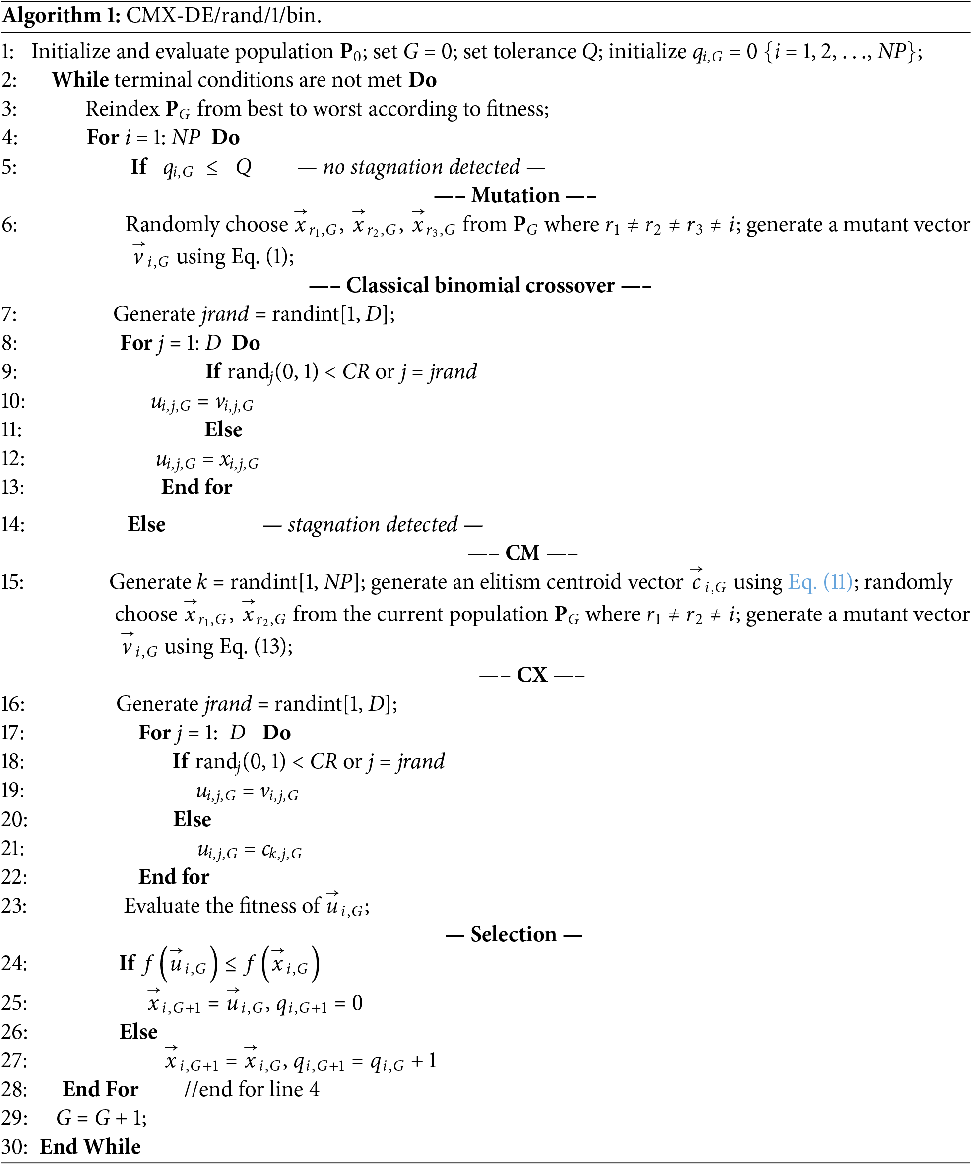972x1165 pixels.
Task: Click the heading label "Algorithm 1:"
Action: (61, 15)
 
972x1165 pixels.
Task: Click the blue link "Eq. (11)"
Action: (820, 582)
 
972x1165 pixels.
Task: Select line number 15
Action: (12, 582)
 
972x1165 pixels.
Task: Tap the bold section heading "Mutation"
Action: (515, 196)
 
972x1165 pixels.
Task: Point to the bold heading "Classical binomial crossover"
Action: (480, 285)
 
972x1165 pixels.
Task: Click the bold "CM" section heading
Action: (522, 553)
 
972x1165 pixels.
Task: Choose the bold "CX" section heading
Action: (532, 675)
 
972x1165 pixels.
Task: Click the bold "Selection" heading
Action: (514, 935)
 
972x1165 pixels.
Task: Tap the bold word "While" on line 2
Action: (80, 80)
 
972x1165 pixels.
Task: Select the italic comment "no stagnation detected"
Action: (421, 167)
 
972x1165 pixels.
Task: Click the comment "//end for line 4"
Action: (252, 1090)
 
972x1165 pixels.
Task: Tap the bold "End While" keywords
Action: (90, 1147)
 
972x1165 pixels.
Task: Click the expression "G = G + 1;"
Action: (102, 1118)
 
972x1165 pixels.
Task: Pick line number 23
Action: (13, 906)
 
